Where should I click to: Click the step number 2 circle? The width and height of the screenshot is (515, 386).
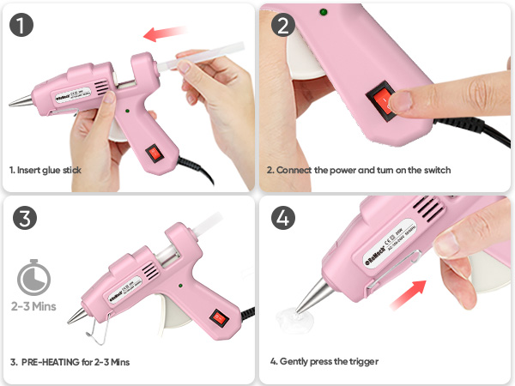[282, 24]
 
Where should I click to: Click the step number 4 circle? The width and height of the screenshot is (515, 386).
[282, 218]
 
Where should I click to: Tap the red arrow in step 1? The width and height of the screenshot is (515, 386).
[166, 33]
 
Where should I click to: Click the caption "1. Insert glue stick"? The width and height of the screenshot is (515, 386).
[45, 170]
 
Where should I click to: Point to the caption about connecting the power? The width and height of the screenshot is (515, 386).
[358, 170]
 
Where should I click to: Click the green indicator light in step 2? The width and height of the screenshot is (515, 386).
[324, 12]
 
